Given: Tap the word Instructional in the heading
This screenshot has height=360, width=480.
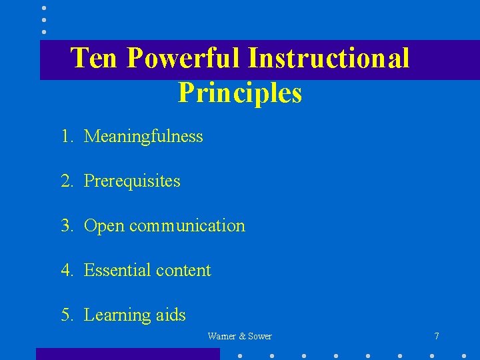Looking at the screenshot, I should [x=328, y=59].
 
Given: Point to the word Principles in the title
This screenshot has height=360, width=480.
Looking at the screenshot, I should [x=240, y=93].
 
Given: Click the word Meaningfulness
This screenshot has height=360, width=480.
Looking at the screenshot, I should [x=143, y=137].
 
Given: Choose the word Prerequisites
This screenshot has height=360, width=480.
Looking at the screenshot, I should [x=132, y=181].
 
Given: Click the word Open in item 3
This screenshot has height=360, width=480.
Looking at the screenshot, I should [x=104, y=226].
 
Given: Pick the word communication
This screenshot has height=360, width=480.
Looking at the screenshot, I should [x=187, y=226].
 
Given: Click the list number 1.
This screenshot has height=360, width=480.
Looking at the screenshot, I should [x=66, y=137].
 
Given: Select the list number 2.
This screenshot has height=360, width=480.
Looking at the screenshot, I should [x=66, y=181].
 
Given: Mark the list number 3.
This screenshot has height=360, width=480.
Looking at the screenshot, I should [x=66, y=226].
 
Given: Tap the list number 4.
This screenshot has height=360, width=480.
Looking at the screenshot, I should [x=66, y=270].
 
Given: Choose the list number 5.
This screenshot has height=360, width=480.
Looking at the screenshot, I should [x=66, y=315].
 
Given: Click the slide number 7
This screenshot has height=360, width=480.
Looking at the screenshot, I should [x=437, y=337].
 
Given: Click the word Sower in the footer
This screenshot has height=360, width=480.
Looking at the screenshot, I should [x=260, y=337].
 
